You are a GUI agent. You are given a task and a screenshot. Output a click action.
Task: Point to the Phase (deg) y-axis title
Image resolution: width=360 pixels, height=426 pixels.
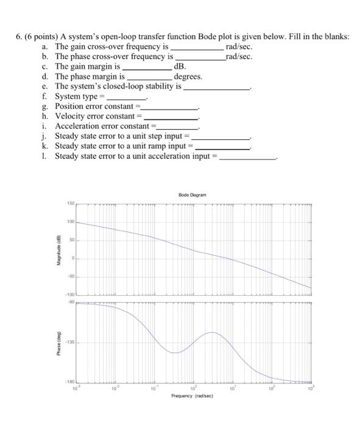click(58, 344)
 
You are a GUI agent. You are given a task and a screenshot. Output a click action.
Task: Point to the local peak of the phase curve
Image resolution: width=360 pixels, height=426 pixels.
click(211, 332)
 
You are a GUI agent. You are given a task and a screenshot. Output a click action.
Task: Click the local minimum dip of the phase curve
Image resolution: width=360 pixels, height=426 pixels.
click(174, 352)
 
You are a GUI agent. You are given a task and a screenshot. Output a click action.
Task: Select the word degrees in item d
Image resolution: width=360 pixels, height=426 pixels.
click(188, 77)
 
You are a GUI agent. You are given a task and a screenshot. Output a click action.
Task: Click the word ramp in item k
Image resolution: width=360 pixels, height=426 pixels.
click(158, 146)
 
